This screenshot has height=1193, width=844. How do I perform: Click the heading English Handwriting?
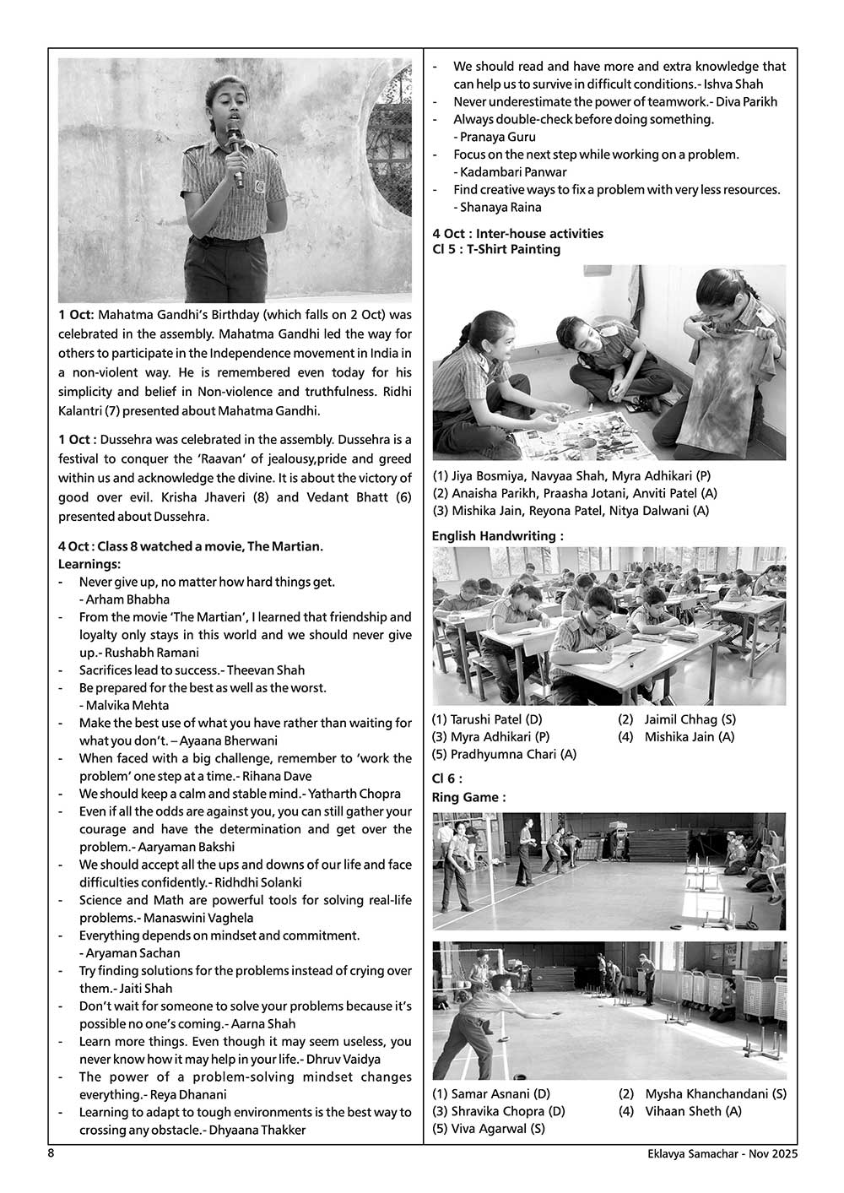(x=497, y=535)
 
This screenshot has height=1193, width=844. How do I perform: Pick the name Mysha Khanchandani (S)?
(x=716, y=1094)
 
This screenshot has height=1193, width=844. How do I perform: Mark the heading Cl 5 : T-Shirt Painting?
(x=495, y=249)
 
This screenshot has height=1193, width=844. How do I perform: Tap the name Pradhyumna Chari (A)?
(x=504, y=754)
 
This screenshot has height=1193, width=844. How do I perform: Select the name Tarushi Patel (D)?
(x=487, y=719)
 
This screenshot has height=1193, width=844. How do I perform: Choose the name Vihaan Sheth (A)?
(x=693, y=1111)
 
